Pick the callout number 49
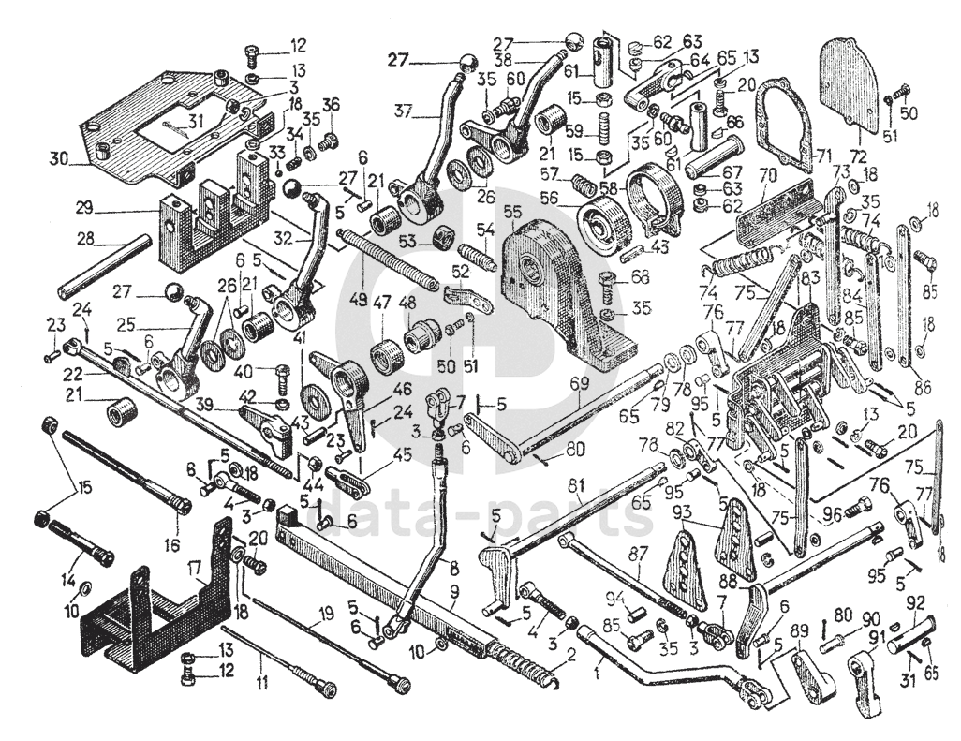coord(357,300)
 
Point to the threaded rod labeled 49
coord(389,258)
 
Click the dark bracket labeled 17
coord(150,609)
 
